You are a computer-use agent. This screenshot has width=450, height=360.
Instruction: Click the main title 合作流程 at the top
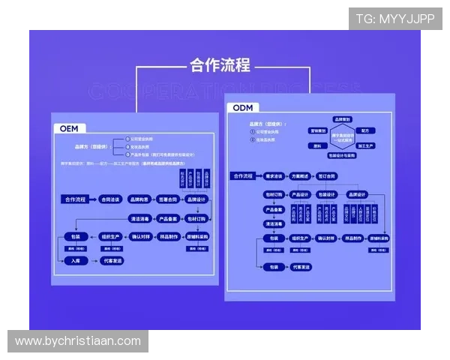(x=220, y=64)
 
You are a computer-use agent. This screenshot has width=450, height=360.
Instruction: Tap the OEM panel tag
(x=70, y=128)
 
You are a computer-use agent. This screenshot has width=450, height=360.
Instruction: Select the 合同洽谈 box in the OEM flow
(x=110, y=199)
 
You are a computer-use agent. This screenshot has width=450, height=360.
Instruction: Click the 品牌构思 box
(x=139, y=199)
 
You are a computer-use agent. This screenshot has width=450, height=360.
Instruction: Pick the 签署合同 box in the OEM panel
(x=168, y=199)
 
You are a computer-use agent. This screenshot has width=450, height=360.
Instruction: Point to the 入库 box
(x=75, y=261)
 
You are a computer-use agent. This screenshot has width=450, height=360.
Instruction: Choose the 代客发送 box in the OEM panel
(x=113, y=261)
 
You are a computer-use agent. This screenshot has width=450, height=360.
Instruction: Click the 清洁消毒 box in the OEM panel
(x=140, y=218)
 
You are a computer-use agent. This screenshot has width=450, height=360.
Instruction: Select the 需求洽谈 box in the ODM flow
(x=274, y=176)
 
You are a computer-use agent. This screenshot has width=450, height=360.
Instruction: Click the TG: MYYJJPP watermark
(x=395, y=19)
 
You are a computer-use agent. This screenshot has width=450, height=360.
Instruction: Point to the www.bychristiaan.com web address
(x=78, y=341)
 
